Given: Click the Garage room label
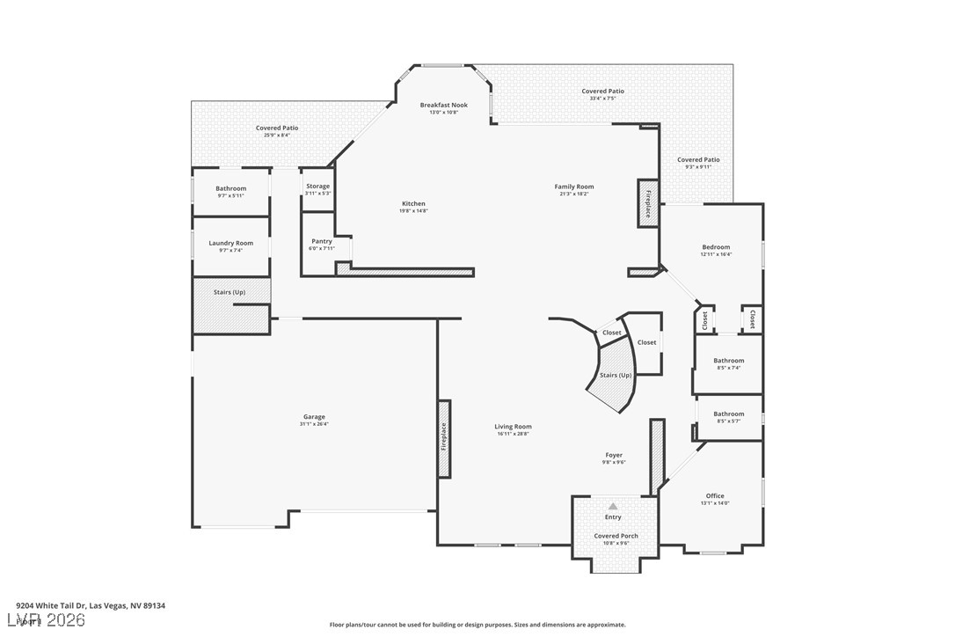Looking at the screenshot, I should [x=314, y=417].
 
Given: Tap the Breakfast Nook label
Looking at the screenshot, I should [x=443, y=105].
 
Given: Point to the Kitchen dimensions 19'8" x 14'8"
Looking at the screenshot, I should [x=413, y=211].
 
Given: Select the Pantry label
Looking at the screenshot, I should [x=322, y=241].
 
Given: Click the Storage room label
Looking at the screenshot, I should [x=317, y=187].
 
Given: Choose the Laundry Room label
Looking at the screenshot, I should [x=230, y=243].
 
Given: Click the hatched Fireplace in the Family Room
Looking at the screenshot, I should [x=648, y=204].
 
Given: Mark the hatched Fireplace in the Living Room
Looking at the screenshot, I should [x=444, y=438].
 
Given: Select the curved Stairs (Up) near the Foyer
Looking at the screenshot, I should [x=615, y=377].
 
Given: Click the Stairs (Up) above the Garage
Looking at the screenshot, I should [x=230, y=292].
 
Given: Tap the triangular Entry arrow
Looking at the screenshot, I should [x=613, y=506].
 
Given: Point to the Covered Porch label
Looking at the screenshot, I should [x=616, y=536].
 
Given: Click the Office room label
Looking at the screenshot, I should [x=715, y=496].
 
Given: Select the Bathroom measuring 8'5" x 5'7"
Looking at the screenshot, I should [x=728, y=414].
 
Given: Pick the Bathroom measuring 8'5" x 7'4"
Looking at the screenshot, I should [x=728, y=361].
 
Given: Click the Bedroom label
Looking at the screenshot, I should [x=716, y=247].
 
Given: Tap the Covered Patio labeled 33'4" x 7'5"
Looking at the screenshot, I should [x=602, y=92].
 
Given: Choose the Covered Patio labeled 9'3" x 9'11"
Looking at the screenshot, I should [x=698, y=160].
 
